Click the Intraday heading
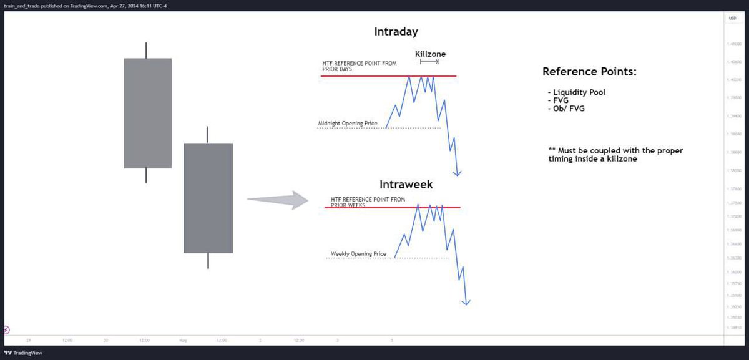pyautogui.click(x=396, y=31)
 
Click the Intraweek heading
pyautogui.click(x=406, y=185)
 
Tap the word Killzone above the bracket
pyautogui.click(x=430, y=54)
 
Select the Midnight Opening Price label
pyautogui.click(x=348, y=124)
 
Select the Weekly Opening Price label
pyautogui.click(x=359, y=254)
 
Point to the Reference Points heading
pyautogui.click(x=589, y=72)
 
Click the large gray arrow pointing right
pyautogui.click(x=278, y=200)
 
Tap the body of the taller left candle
pyautogui.click(x=148, y=113)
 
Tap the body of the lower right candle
pyautogui.click(x=208, y=198)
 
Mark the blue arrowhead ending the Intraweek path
pyautogui.click(x=466, y=303)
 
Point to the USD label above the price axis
pyautogui.click(x=732, y=19)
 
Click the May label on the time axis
pyautogui.click(x=183, y=341)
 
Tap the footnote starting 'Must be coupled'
pyautogui.click(x=615, y=155)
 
